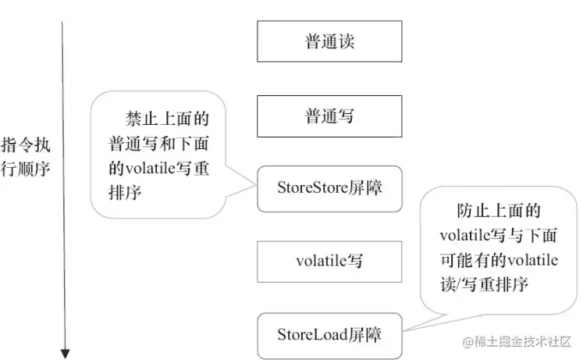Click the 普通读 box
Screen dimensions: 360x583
[x=329, y=41]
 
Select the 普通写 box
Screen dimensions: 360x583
[x=329, y=116]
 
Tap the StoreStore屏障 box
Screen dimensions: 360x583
[x=329, y=188]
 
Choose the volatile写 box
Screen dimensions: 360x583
[x=329, y=262]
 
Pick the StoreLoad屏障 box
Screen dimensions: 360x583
[x=329, y=335]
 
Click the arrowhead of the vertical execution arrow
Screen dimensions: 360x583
[x=65, y=352]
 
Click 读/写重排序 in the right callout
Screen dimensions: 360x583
[x=484, y=284]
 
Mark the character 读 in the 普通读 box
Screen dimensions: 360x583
[x=346, y=41]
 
